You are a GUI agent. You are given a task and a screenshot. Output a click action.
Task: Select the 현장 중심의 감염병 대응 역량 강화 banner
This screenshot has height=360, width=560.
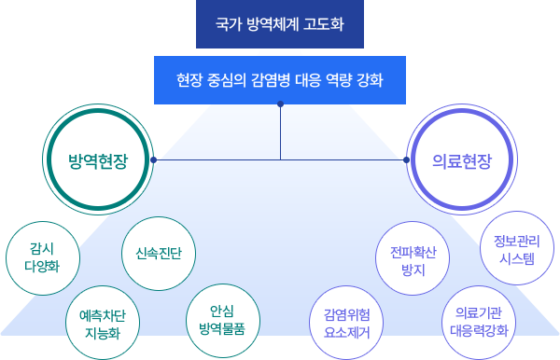(x=280, y=80)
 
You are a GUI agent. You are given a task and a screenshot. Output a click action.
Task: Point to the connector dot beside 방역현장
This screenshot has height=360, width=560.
(x=153, y=160)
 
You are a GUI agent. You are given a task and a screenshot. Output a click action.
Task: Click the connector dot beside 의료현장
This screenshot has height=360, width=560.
(x=406, y=160)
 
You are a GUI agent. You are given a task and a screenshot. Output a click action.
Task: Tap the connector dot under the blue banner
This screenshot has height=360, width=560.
(x=280, y=104)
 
